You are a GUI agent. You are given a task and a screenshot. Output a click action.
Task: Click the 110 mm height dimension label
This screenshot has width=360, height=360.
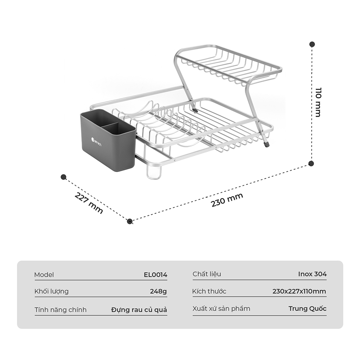[x=318, y=102]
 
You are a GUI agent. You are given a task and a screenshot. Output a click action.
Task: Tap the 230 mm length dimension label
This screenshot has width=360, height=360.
[x=227, y=200]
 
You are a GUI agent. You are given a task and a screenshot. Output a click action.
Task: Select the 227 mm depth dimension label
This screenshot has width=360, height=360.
[x=89, y=203]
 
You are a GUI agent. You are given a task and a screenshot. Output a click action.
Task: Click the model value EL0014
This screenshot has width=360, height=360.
[x=156, y=275]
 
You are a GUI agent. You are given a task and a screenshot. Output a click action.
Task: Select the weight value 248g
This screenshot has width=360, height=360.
[x=158, y=291]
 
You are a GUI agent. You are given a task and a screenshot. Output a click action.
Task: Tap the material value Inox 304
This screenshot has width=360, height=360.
[x=312, y=274]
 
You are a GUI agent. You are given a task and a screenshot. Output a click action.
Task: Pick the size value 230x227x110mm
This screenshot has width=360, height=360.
[x=299, y=291]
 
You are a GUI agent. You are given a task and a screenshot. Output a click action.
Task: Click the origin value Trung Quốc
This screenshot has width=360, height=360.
[x=307, y=309]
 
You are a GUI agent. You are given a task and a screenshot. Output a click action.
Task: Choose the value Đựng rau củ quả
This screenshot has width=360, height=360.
[x=139, y=310]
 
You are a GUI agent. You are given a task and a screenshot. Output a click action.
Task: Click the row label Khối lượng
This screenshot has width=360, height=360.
[x=51, y=291]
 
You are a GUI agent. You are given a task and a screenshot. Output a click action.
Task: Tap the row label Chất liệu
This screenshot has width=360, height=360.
[x=207, y=274]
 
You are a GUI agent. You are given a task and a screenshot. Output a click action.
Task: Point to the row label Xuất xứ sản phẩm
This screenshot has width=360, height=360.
[x=221, y=309]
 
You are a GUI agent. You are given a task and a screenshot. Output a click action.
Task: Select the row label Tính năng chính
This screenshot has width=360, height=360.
[x=60, y=310]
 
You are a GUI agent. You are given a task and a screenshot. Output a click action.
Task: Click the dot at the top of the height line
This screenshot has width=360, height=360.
[x=312, y=44]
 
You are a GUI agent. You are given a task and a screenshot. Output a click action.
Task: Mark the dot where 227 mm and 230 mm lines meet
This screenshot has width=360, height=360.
[x=130, y=221]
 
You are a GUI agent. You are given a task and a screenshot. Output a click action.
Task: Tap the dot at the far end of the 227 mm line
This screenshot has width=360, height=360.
[x=63, y=177]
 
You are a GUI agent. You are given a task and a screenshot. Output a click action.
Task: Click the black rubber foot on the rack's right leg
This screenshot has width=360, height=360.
[x=266, y=145]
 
